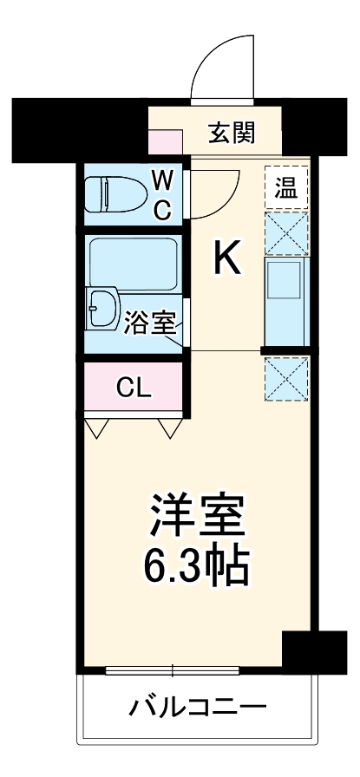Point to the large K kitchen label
pos(227,258)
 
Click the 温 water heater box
pos(286,186)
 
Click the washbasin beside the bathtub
pos(105,308)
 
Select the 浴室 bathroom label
pos(151,324)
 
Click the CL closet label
pos(134,388)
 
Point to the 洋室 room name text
pos(198,518)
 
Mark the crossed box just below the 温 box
pos(286,232)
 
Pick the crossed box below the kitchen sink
pos(286,380)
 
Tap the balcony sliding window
pos(173,670)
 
